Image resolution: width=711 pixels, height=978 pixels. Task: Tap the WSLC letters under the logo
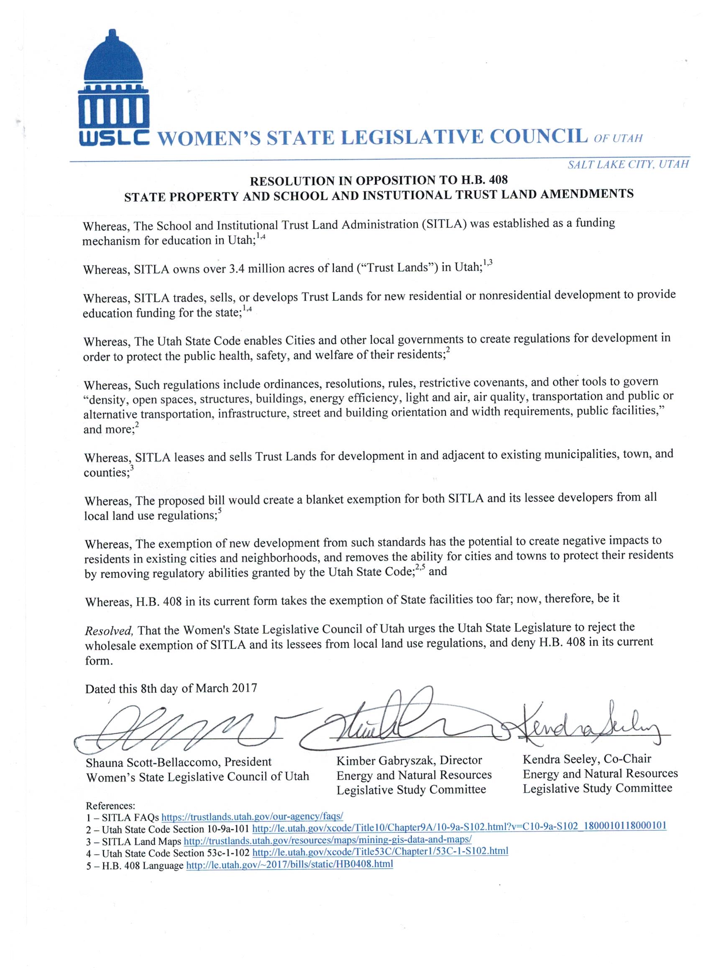113,138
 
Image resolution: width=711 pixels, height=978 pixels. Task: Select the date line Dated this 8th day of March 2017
171,687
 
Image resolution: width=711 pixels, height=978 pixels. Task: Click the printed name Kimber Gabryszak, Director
409,760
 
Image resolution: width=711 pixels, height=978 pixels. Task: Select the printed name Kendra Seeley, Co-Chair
587,758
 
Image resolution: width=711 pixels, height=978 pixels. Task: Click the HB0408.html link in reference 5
289,864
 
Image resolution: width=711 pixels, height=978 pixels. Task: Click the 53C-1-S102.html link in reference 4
380,852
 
